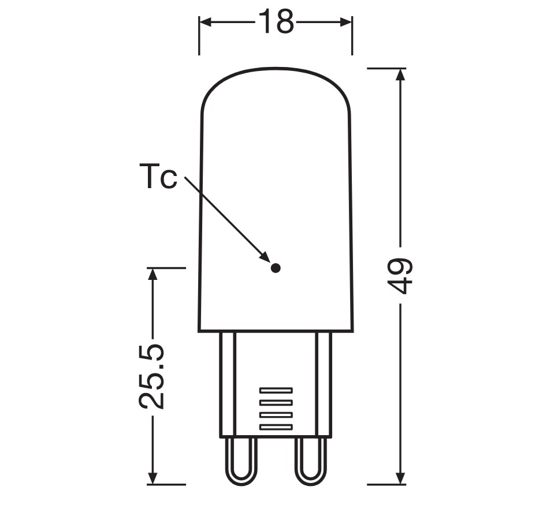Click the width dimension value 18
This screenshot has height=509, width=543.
coord(276,23)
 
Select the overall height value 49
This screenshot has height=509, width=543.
coord(399,276)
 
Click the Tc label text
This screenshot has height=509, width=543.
coord(158,177)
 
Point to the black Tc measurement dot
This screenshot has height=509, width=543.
coord(276,268)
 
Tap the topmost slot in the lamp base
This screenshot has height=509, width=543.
coord(276,390)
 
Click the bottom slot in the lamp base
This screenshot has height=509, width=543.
coord(276,426)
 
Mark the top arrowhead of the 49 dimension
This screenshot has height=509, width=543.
coord(400,76)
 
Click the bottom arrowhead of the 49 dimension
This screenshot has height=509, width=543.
coord(400,477)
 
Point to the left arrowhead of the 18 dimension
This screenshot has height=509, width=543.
coord(206,23)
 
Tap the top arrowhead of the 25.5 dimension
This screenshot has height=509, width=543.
coord(153,275)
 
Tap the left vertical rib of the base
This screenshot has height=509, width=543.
coord(228,384)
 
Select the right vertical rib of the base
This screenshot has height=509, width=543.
coord(323,384)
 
